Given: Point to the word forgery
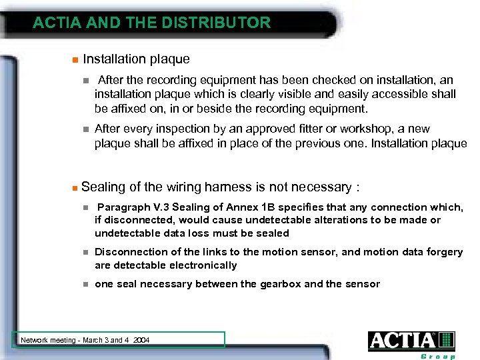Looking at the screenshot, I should [443, 252].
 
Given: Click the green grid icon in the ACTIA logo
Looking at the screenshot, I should [447, 341].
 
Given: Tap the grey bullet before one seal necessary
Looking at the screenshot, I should [85, 285].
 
